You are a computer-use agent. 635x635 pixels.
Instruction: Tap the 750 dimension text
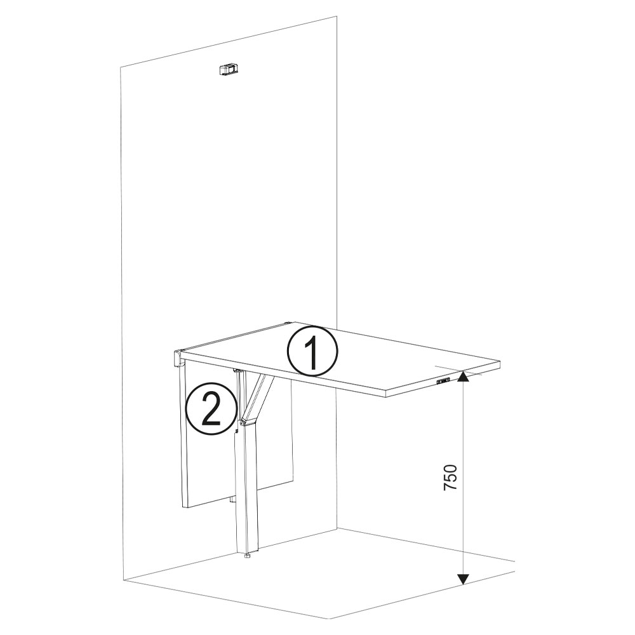click(450, 477)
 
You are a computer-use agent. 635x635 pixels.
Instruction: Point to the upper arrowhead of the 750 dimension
click(464, 378)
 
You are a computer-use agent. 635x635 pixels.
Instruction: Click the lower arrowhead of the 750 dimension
click(464, 578)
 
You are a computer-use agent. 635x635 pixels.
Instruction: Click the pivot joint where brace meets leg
click(244, 421)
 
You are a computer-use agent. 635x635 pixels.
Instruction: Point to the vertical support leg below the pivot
click(247, 489)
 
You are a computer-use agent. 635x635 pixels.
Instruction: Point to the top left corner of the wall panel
click(121, 67)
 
